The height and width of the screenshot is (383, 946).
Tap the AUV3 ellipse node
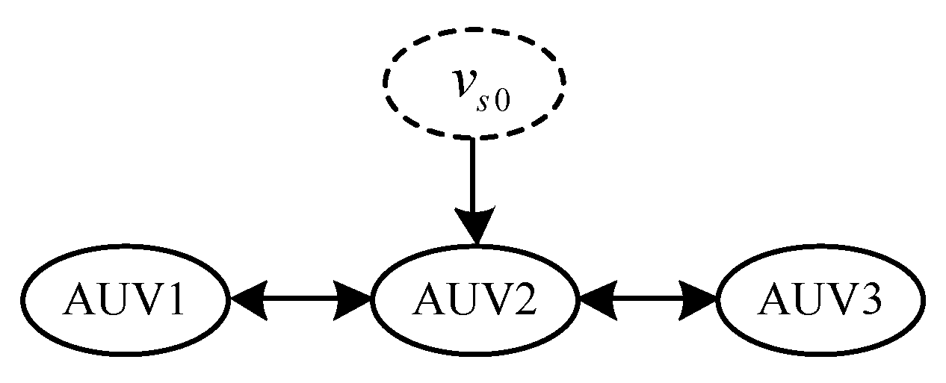coord(820,299)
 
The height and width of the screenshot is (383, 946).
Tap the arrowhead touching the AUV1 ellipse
coord(248,299)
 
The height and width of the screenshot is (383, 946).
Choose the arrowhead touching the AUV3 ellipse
coord(699,299)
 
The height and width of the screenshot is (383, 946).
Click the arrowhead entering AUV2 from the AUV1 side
coord(354,299)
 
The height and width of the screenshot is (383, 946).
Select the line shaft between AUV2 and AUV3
coord(647,299)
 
